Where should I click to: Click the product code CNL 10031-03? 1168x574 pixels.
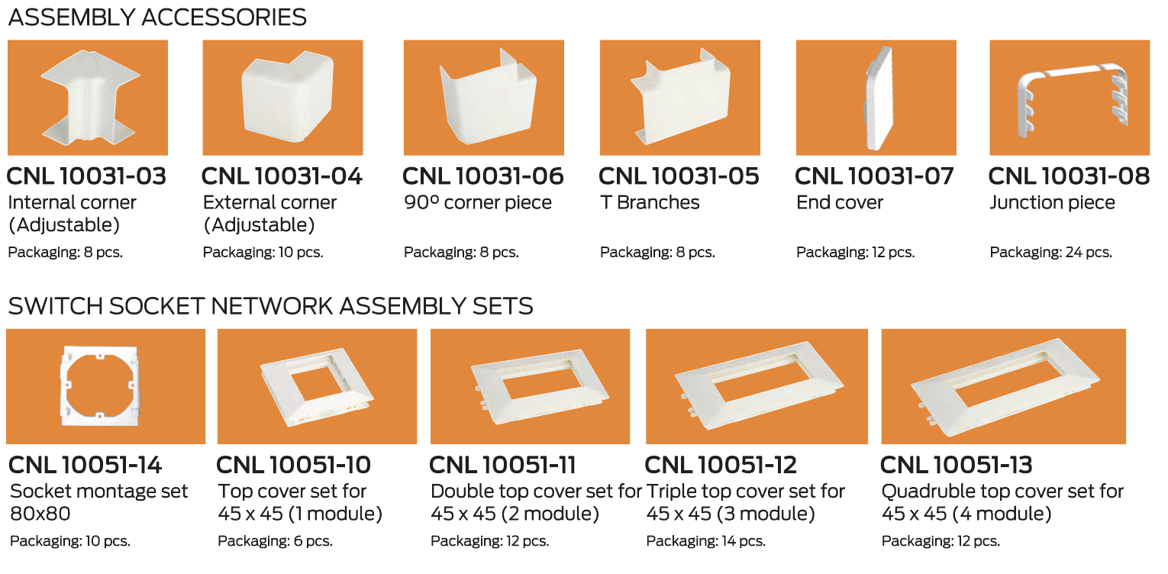tap(86, 176)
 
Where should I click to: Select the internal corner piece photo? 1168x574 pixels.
tap(88, 98)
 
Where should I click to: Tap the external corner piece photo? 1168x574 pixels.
tap(282, 98)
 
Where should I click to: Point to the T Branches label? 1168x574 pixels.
tap(650, 202)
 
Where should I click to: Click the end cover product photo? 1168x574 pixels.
tap(876, 98)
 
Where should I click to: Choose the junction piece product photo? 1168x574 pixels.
tap(1070, 98)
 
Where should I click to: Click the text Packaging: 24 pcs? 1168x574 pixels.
tap(1050, 253)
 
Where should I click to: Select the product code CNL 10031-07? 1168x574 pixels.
tap(874, 176)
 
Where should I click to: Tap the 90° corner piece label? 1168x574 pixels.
tap(478, 202)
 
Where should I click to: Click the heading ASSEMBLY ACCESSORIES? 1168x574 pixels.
tap(157, 18)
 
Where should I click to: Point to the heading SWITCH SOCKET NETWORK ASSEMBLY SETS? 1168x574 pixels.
tap(270, 306)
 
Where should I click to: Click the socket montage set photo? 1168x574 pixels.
tap(106, 386)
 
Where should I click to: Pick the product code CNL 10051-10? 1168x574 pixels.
tap(293, 465)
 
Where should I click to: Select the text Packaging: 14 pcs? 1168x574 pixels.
tap(705, 541)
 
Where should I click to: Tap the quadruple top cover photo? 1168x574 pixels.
tap(1004, 386)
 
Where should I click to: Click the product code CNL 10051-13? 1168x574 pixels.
tap(956, 465)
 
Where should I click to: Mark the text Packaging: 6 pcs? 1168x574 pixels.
tap(275, 541)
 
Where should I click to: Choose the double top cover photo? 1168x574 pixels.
tap(531, 386)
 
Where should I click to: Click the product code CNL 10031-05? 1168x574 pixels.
tap(679, 176)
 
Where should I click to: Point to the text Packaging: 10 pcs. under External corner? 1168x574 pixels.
tap(263, 253)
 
